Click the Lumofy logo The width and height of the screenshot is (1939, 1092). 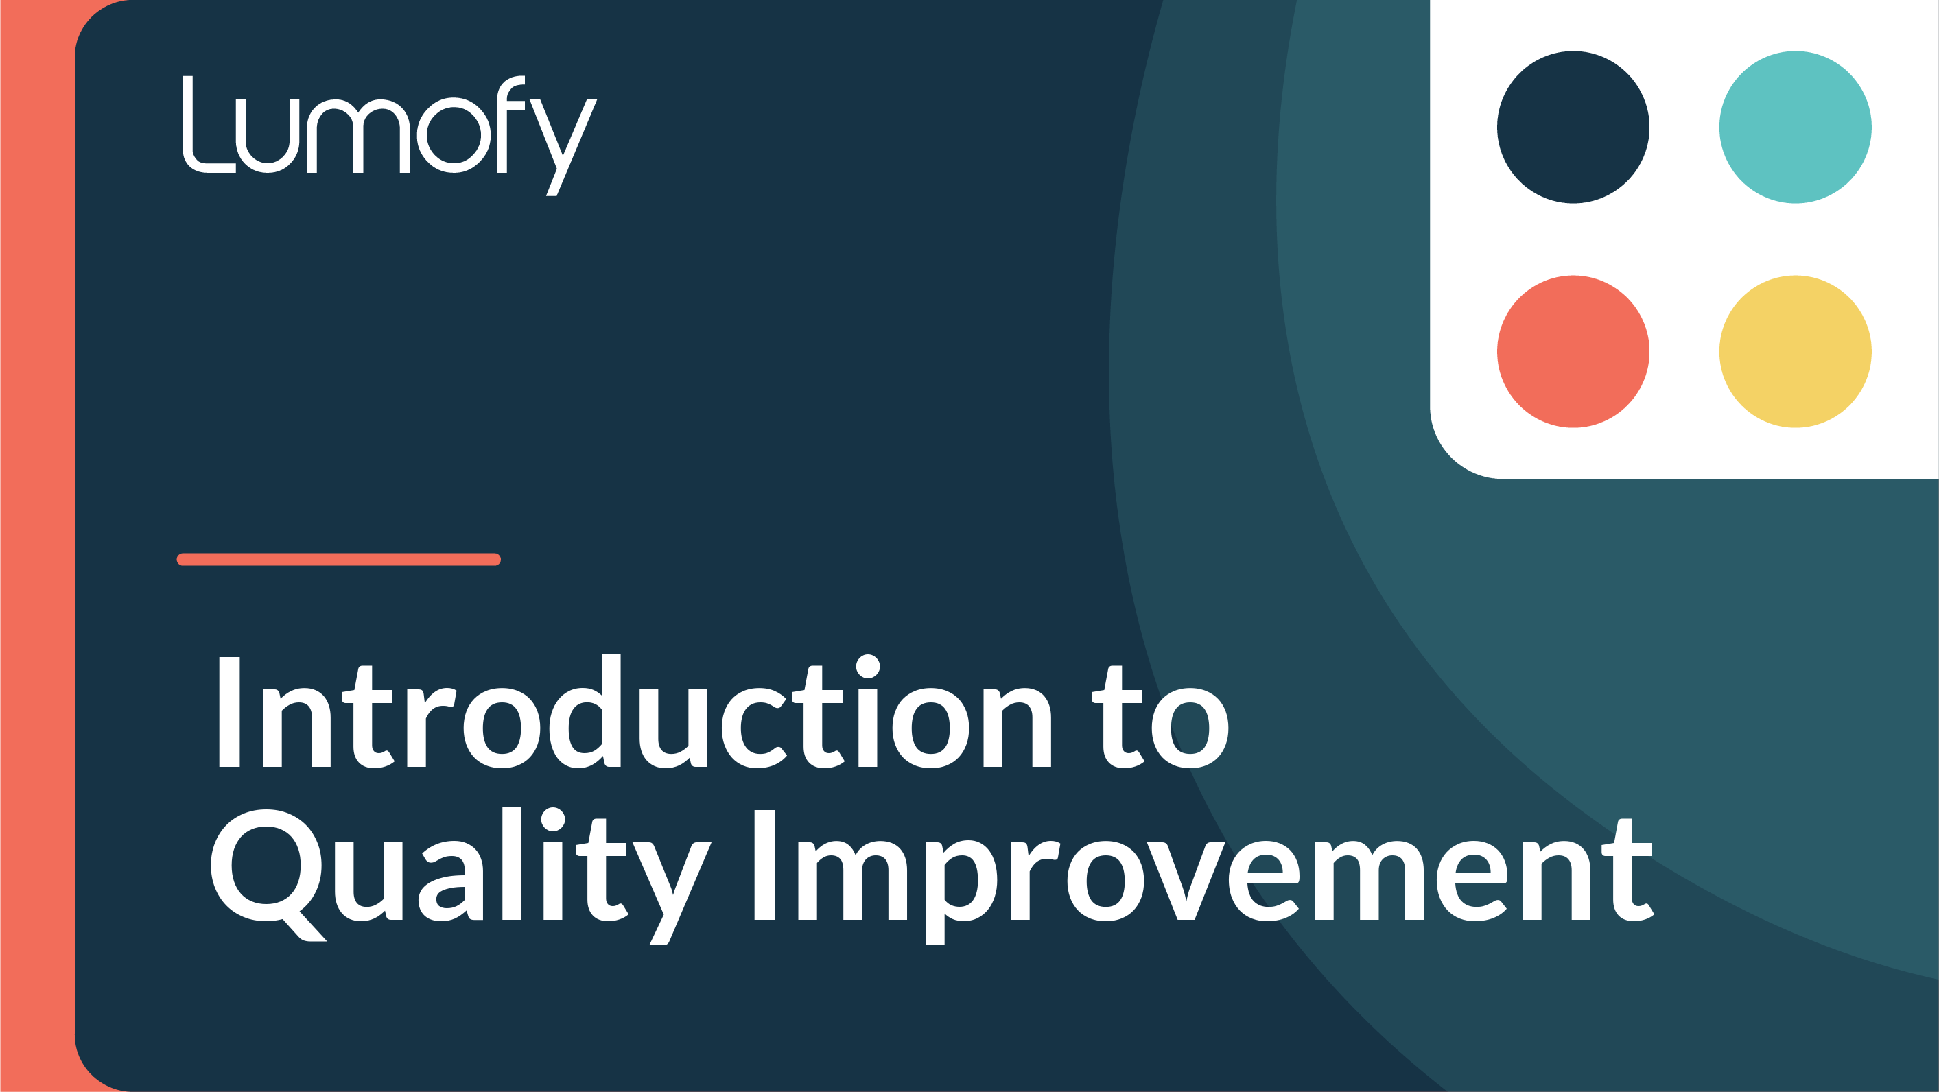click(x=390, y=135)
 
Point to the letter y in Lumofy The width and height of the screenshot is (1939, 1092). click(x=564, y=147)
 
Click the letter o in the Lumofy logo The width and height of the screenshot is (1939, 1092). click(x=454, y=135)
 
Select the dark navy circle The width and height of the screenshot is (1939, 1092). click(x=1573, y=127)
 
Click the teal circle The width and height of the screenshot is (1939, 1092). click(x=1795, y=127)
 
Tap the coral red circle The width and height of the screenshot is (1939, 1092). click(x=1573, y=351)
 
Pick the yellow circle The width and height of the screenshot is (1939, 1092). click(x=1795, y=351)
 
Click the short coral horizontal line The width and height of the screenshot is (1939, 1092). click(x=339, y=559)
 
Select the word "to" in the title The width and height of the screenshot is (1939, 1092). click(x=1160, y=717)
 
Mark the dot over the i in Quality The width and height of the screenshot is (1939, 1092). click(x=553, y=819)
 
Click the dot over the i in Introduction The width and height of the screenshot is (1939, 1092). click(x=868, y=666)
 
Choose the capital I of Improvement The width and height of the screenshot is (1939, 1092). click(x=765, y=865)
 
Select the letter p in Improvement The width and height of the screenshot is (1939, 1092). click(x=961, y=892)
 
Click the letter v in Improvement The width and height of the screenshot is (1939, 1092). click(x=1186, y=881)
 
